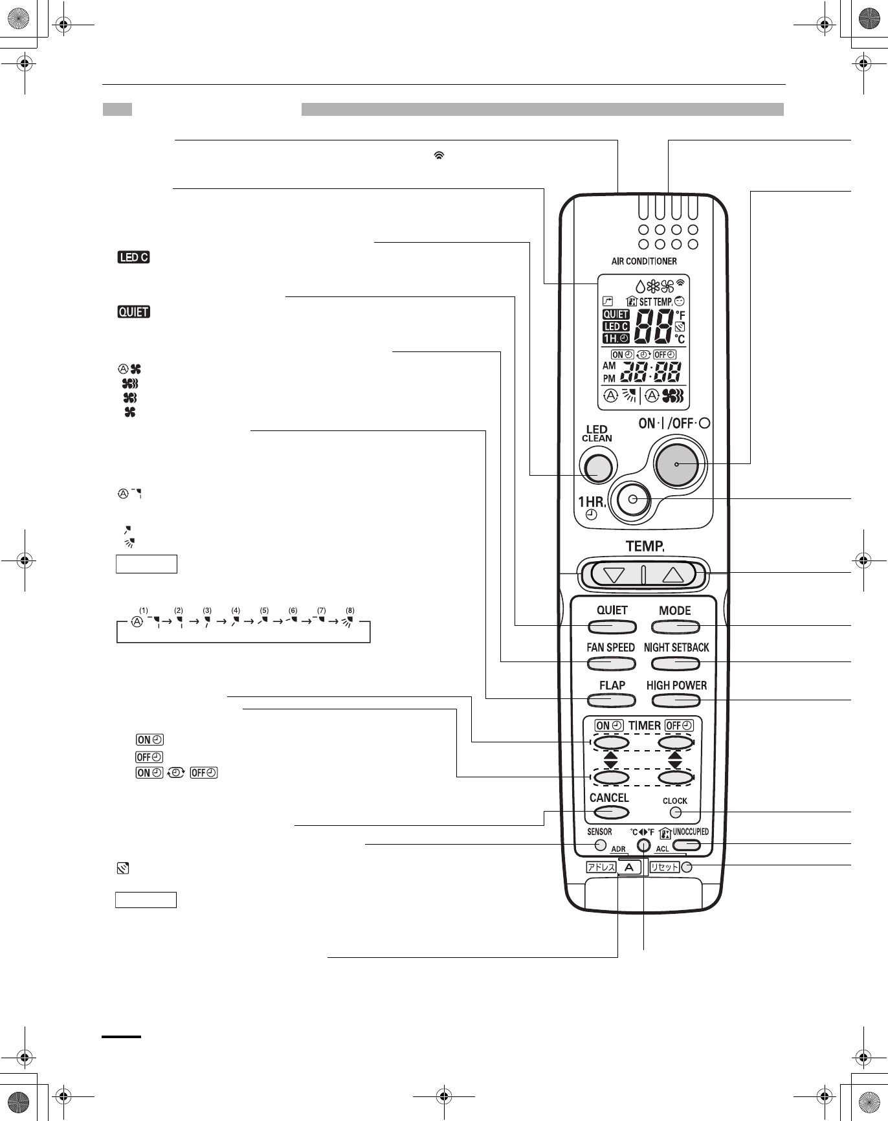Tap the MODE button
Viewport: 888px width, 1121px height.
click(676, 627)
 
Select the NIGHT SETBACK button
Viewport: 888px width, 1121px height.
click(676, 663)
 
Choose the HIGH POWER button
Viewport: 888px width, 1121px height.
click(676, 700)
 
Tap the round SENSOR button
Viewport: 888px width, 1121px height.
click(600, 845)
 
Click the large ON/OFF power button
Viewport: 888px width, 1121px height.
click(676, 465)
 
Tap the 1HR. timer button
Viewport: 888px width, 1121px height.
click(632, 499)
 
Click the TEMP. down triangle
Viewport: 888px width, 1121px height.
click(616, 575)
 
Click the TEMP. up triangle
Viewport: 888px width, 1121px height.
click(673, 575)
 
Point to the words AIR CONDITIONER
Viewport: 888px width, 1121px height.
click(644, 261)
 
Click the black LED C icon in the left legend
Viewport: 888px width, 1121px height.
click(133, 258)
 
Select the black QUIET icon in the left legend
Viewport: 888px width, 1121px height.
click(133, 313)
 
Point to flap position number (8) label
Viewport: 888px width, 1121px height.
click(350, 610)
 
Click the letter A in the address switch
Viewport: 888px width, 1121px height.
click(627, 867)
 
